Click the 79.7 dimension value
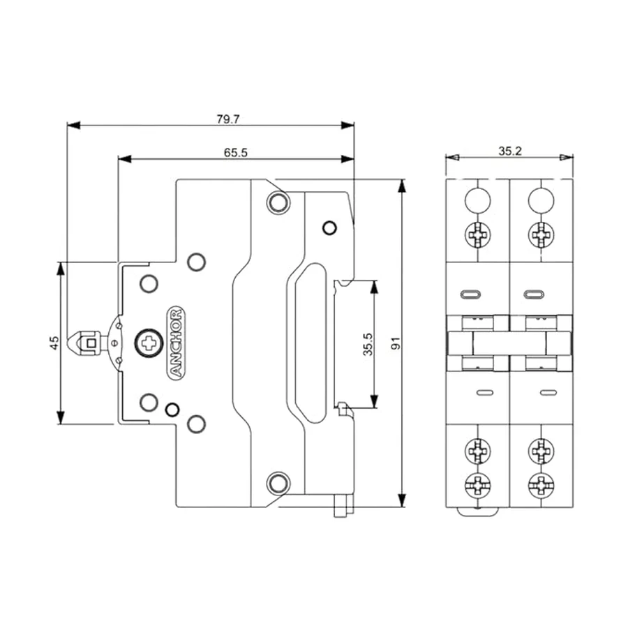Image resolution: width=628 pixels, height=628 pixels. pyautogui.click(x=228, y=119)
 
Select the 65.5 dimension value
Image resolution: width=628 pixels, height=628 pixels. pyautogui.click(x=236, y=153)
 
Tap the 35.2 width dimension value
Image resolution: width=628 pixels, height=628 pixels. pyautogui.click(x=510, y=151)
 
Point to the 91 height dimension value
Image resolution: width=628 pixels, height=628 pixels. pyautogui.click(x=396, y=343)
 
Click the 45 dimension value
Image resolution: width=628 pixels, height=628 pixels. pyautogui.click(x=54, y=343)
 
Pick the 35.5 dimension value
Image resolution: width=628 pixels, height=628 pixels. pyautogui.click(x=368, y=344)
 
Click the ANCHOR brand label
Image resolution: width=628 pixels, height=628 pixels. pyautogui.click(x=175, y=343)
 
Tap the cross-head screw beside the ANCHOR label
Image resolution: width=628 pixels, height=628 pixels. pyautogui.click(x=149, y=343)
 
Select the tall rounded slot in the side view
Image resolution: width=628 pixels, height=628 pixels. pyautogui.click(x=311, y=343)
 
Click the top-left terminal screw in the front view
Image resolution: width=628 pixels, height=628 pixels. pyautogui.click(x=478, y=234)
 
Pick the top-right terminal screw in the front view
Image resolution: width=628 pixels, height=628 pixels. pyautogui.click(x=541, y=234)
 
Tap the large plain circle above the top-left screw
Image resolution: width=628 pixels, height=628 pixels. pyautogui.click(x=478, y=200)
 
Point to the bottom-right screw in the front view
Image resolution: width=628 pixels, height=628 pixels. pyautogui.click(x=541, y=486)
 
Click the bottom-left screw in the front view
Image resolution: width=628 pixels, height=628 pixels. pyautogui.click(x=478, y=486)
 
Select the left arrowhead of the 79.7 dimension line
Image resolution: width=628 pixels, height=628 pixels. pyautogui.click(x=74, y=126)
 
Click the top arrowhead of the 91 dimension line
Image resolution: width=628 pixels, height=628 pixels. pyautogui.click(x=403, y=186)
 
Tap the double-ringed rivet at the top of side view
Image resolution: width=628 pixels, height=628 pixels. pyautogui.click(x=278, y=202)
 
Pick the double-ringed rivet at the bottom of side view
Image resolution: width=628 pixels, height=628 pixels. pyautogui.click(x=278, y=483)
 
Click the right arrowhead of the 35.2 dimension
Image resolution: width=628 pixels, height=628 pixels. pyautogui.click(x=567, y=158)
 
